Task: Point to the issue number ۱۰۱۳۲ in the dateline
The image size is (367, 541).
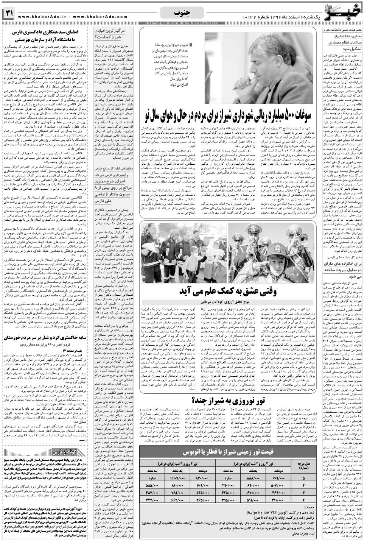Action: [253, 18]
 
